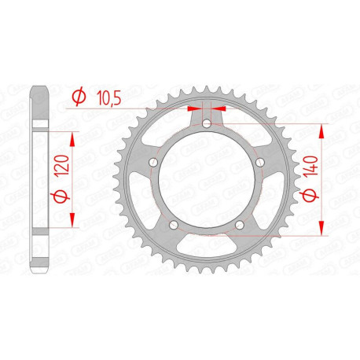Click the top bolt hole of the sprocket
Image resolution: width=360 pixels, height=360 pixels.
pyautogui.click(x=206, y=123)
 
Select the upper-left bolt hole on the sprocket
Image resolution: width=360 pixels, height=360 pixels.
pyautogui.click(x=152, y=163)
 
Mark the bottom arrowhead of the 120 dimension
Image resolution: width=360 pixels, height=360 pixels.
pyautogui.click(x=72, y=223)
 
